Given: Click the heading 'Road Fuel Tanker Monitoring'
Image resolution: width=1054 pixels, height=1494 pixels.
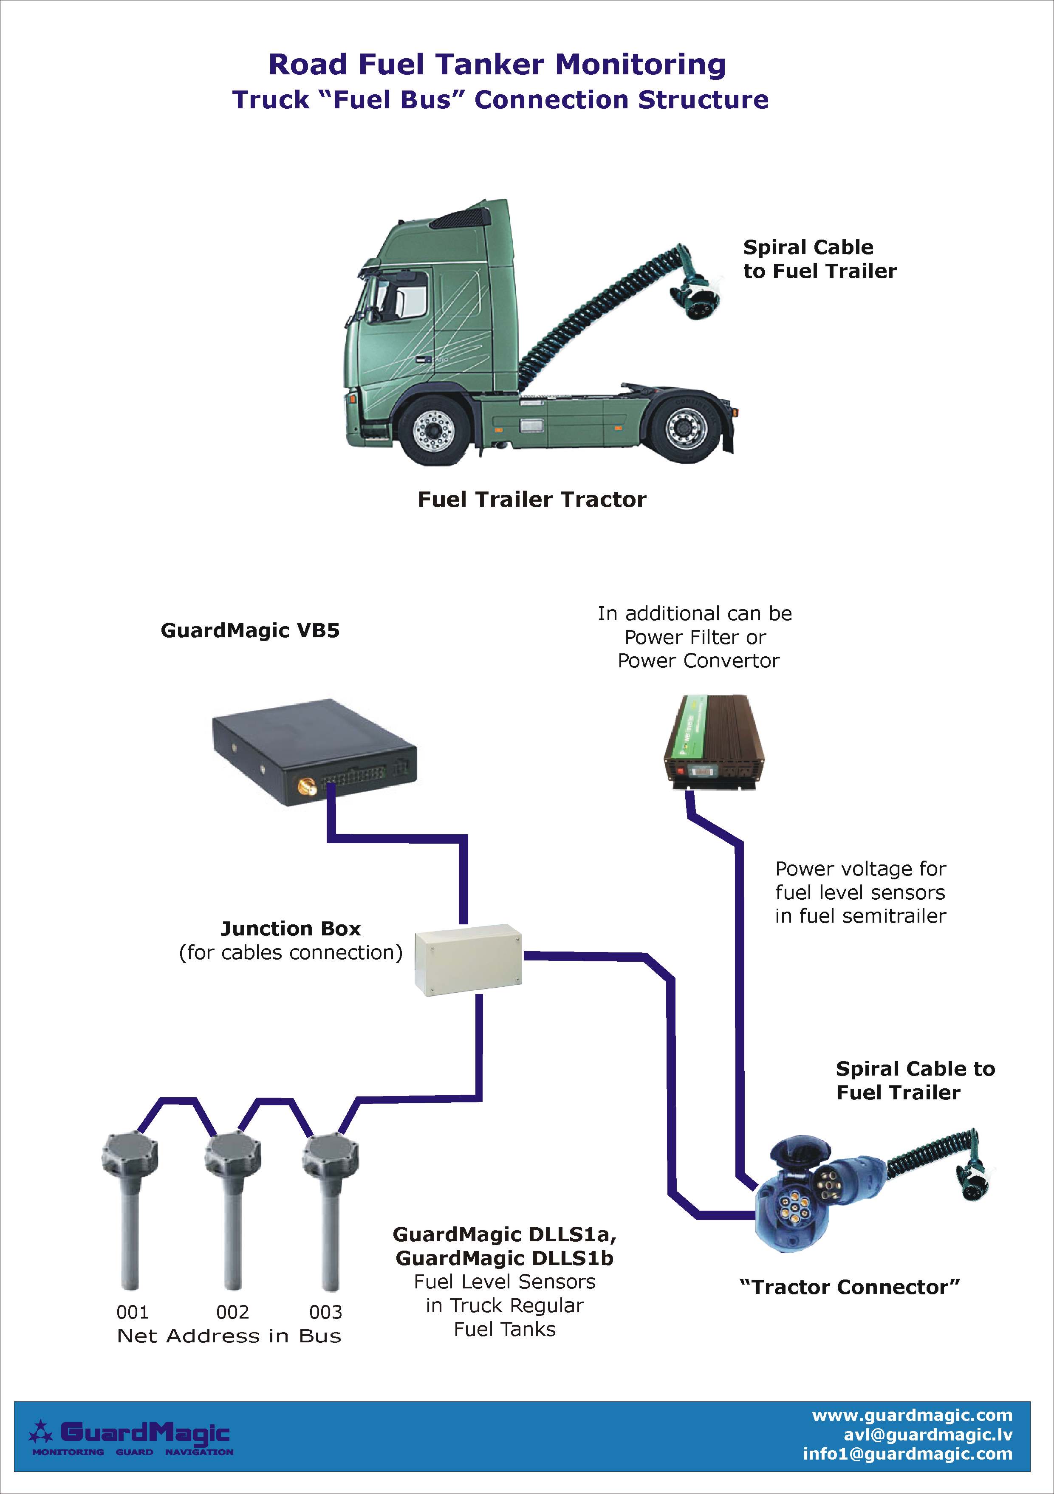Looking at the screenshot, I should point(497,65).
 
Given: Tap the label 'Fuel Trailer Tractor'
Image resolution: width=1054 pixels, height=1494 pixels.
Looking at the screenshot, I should point(531,499).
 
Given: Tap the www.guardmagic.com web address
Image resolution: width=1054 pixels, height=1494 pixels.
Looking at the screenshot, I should point(912,1415).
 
